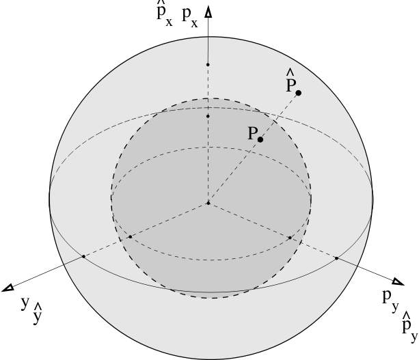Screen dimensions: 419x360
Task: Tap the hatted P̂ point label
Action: tap(291, 81)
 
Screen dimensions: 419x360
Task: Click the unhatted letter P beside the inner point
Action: tap(252, 135)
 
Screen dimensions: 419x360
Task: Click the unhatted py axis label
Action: tap(388, 298)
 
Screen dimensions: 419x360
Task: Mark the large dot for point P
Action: tap(260, 139)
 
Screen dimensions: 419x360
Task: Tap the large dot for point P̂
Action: tap(299, 93)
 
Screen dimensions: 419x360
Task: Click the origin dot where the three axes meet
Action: tap(208, 203)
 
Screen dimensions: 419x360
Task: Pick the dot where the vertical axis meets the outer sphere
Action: tap(208, 65)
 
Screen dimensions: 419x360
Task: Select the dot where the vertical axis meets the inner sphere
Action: tap(208, 117)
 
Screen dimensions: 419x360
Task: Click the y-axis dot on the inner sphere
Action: tap(130, 236)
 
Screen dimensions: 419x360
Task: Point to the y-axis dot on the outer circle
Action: tap(83, 256)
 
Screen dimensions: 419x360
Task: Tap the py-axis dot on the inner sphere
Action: tap(290, 237)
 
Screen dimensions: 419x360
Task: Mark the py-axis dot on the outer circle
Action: tap(336, 258)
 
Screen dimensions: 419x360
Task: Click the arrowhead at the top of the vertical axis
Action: tap(209, 11)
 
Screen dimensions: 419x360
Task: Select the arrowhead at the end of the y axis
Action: tap(9, 288)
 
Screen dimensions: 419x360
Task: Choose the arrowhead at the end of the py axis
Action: tap(397, 282)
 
